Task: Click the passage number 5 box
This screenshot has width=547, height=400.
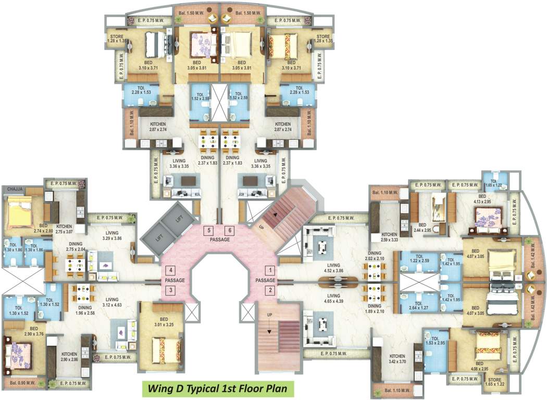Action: [208, 230]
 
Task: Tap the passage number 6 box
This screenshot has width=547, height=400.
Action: [229, 230]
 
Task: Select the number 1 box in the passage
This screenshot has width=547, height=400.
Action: [270, 270]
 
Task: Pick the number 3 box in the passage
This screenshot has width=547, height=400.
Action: [170, 290]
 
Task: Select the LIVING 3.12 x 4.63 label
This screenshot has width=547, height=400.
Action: [111, 303]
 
